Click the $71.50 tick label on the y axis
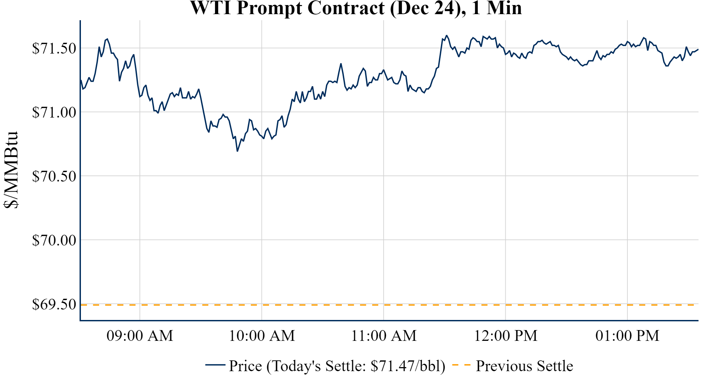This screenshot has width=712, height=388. pos(54,48)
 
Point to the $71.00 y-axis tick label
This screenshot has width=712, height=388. pos(54,112)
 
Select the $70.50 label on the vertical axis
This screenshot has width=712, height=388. pos(54,176)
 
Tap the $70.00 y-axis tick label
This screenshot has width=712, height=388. pos(54,240)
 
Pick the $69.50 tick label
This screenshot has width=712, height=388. pos(54,304)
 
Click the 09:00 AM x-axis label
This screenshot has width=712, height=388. pos(140,336)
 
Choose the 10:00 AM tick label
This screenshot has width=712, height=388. pos(262,336)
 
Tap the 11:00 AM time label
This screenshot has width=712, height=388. pos(384,336)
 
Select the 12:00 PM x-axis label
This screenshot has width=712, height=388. pos(506,336)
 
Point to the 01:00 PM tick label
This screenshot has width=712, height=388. pos(627,336)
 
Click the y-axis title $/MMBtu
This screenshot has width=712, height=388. pos(11,170)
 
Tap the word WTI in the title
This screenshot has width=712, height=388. pos(210,8)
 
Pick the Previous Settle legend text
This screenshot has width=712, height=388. pos(524,366)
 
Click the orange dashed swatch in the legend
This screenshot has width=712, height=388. pos(461,365)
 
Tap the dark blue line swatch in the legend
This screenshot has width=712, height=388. pos(215,365)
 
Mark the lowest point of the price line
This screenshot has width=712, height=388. pos(237,151)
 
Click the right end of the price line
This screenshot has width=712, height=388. pos(698,50)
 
